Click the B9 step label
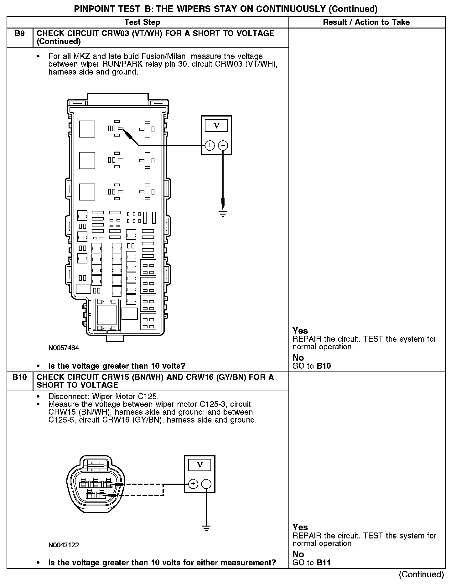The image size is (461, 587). pyautogui.click(x=19, y=34)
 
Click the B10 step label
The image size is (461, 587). pyautogui.click(x=19, y=377)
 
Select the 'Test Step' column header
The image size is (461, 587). pyautogui.click(x=142, y=22)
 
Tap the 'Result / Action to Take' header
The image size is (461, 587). pyautogui.click(x=366, y=22)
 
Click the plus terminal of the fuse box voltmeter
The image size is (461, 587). pyautogui.click(x=210, y=145)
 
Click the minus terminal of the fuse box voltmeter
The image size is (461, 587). pyautogui.click(x=223, y=145)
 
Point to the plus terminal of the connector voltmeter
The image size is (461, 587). pyautogui.click(x=193, y=484)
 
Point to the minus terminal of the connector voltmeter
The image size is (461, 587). pyautogui.click(x=206, y=484)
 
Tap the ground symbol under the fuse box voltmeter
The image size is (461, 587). pyautogui.click(x=223, y=214)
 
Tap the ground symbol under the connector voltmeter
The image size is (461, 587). pyautogui.click(x=206, y=528)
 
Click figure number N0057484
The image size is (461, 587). pyautogui.click(x=64, y=348)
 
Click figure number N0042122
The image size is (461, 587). pyautogui.click(x=64, y=545)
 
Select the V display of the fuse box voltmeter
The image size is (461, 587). pyautogui.click(x=216, y=126)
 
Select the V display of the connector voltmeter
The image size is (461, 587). pyautogui.click(x=199, y=465)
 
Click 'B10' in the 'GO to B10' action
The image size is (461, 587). pyautogui.click(x=324, y=366)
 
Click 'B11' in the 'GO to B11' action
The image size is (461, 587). pyautogui.click(x=324, y=563)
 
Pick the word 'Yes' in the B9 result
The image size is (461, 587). pyautogui.click(x=300, y=331)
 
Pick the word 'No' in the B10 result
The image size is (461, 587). pyautogui.click(x=298, y=554)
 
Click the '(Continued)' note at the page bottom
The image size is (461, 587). pyautogui.click(x=421, y=574)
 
